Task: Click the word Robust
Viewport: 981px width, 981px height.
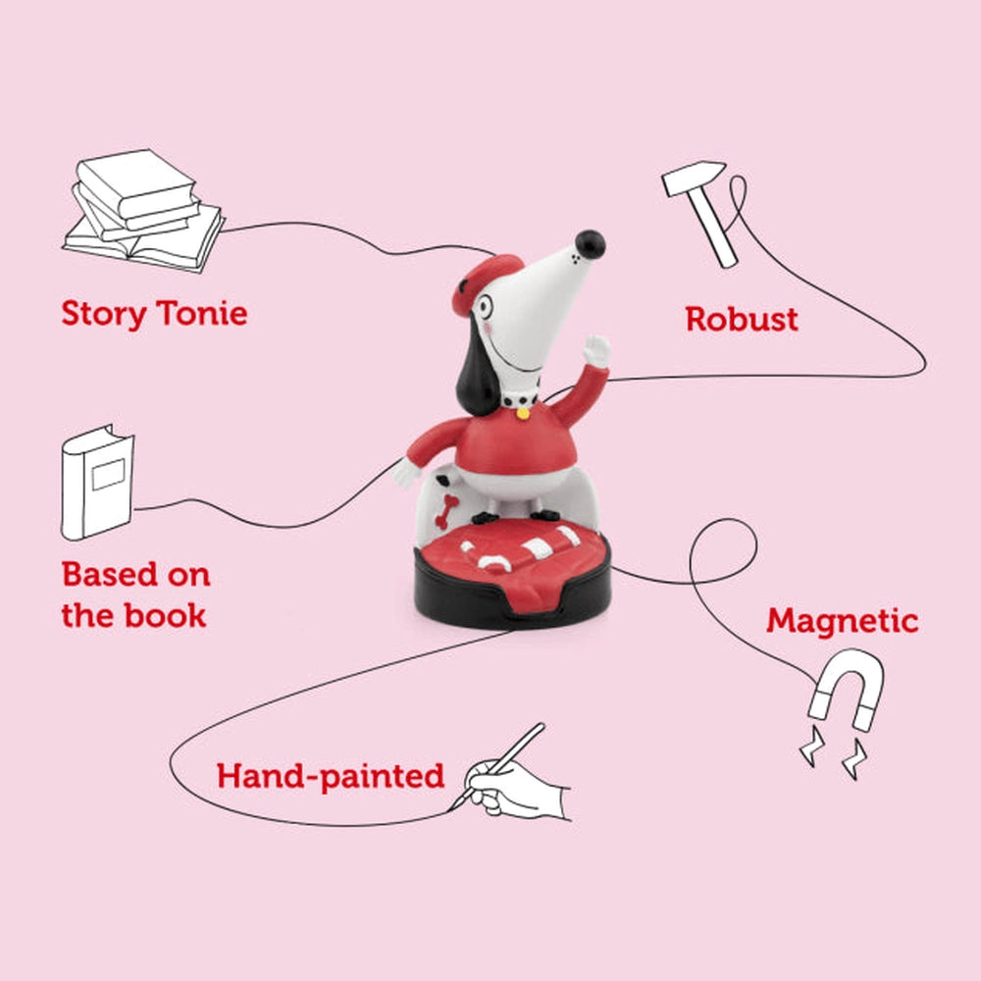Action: pyautogui.click(x=742, y=319)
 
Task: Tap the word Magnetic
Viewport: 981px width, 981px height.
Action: pyautogui.click(x=842, y=621)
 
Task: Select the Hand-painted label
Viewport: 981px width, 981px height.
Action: pyautogui.click(x=331, y=776)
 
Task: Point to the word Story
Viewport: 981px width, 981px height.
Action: pyautogui.click(x=103, y=314)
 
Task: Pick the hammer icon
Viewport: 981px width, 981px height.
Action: pyautogui.click(x=698, y=212)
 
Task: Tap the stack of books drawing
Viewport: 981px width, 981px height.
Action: pyautogui.click(x=142, y=210)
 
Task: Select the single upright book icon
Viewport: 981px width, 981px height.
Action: pyautogui.click(x=97, y=482)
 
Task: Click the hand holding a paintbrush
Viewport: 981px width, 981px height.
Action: pyautogui.click(x=513, y=776)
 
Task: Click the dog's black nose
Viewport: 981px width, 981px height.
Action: pyautogui.click(x=590, y=244)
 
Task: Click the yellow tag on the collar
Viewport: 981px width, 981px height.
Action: pyautogui.click(x=523, y=413)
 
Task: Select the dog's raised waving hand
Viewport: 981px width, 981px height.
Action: pyautogui.click(x=595, y=351)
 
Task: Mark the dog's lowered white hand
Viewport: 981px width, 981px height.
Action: pyautogui.click(x=406, y=474)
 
